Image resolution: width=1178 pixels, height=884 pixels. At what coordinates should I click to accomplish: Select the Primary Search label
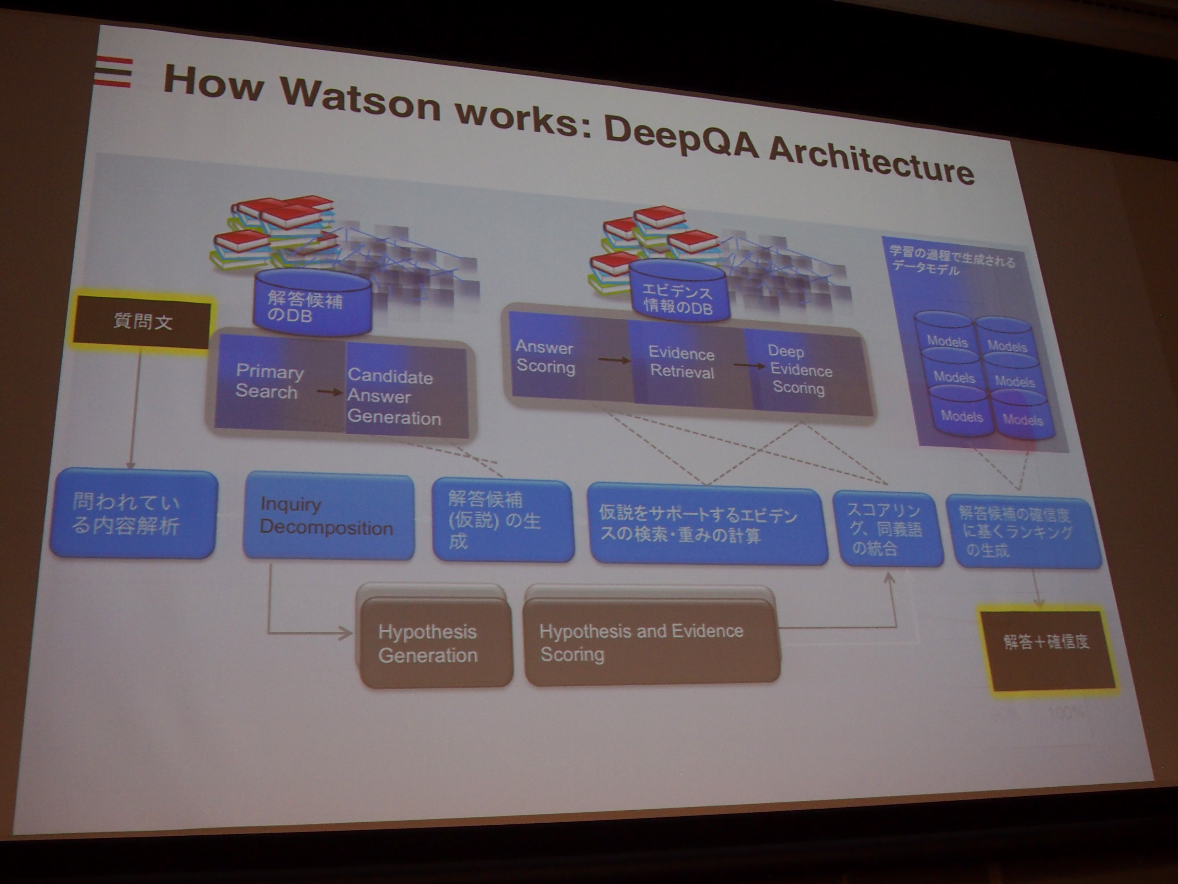268,381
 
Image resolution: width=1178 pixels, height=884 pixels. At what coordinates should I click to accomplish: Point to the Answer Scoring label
545,357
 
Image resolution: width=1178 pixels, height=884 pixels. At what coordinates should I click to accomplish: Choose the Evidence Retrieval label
682,363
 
